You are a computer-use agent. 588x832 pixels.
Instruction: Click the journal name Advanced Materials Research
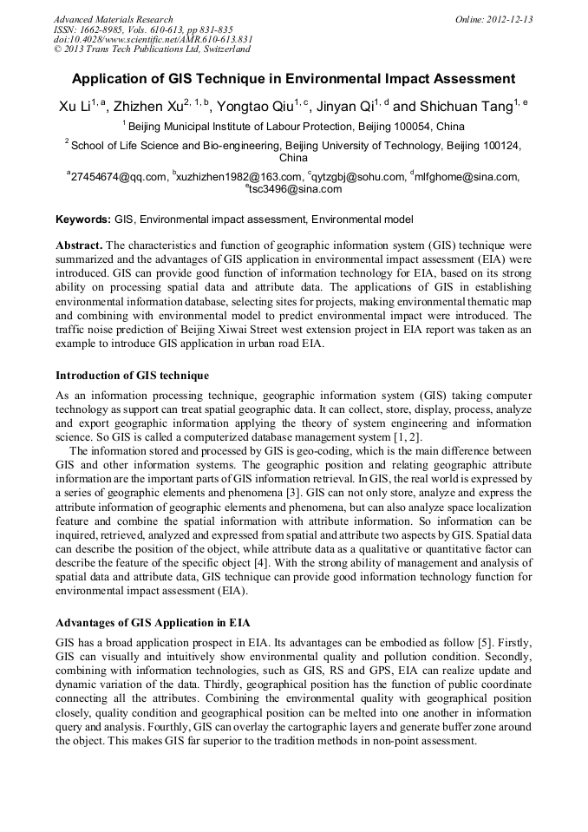(113, 19)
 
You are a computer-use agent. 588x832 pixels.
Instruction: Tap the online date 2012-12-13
(494, 19)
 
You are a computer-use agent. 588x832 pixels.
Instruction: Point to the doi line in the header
(153, 39)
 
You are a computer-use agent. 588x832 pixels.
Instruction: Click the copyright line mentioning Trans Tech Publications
(151, 49)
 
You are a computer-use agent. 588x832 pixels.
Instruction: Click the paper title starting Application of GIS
(293, 78)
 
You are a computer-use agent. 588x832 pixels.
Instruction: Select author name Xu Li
(75, 106)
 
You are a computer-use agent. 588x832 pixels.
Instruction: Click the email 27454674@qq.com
(119, 177)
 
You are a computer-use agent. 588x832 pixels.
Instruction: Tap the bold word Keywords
(83, 219)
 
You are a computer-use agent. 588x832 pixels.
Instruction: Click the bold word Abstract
(80, 246)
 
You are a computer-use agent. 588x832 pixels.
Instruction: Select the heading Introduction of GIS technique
(132, 376)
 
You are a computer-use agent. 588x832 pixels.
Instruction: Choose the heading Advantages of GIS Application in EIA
(154, 623)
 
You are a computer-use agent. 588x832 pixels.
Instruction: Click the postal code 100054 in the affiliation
(384, 127)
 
